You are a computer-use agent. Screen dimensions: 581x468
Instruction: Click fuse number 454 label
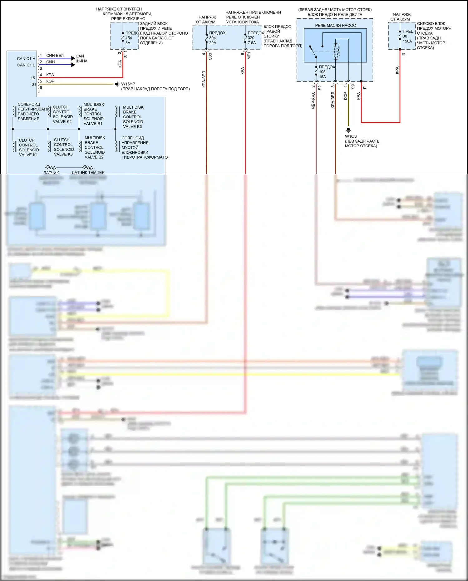click(129, 38)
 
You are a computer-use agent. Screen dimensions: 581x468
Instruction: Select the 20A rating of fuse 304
click(213, 43)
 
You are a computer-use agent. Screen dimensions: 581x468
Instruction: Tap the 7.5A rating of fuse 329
click(252, 43)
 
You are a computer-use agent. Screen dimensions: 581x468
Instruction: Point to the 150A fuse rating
click(407, 41)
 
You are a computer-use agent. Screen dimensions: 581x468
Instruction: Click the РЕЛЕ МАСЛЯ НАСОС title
click(335, 25)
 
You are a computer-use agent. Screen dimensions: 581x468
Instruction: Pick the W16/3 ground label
click(351, 136)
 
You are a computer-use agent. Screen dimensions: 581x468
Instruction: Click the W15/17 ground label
click(128, 84)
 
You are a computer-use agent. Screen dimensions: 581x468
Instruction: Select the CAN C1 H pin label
click(26, 58)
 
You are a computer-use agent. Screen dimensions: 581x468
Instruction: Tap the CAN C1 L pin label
click(26, 65)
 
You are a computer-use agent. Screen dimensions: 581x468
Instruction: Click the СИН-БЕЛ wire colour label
click(55, 56)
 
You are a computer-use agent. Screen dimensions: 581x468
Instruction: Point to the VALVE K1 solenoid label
click(28, 155)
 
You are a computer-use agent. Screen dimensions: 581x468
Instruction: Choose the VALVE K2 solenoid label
click(62, 122)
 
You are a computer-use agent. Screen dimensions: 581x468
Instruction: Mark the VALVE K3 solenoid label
click(63, 154)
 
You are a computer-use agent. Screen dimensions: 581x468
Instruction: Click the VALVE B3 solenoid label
click(132, 126)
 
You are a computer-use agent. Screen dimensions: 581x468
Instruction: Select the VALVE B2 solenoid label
click(94, 157)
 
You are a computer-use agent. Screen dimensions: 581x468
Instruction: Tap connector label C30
click(210, 57)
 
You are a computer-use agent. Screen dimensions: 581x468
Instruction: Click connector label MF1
click(249, 56)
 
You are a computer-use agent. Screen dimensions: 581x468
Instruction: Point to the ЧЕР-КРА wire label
click(313, 101)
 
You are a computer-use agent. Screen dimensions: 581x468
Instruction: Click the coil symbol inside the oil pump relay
click(336, 52)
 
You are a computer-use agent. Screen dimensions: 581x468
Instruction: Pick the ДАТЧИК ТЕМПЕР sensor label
click(88, 172)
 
